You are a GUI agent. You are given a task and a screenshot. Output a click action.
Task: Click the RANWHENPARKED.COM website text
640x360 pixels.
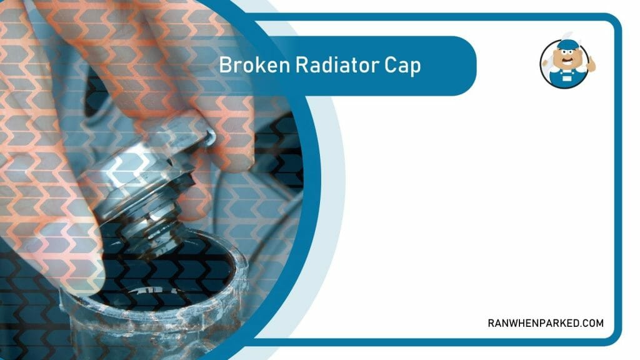click(546, 323)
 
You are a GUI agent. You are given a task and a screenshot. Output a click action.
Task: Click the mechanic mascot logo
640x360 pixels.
click(564, 64)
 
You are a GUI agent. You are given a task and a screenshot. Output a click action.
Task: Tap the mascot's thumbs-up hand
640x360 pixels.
click(591, 62)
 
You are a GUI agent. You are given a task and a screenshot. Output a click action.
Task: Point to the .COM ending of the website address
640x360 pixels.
click(590, 323)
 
